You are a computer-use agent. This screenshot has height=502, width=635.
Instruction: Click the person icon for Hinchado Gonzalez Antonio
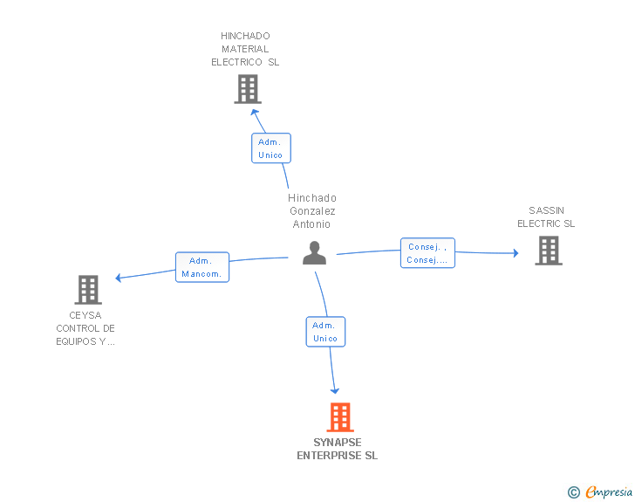point(314,253)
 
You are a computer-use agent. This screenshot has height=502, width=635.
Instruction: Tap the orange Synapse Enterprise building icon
point(339,417)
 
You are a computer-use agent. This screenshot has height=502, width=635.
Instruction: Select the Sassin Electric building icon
point(548,251)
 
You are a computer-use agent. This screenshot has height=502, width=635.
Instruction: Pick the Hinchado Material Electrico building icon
point(248,89)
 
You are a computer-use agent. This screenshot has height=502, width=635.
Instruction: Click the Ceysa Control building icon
point(88,290)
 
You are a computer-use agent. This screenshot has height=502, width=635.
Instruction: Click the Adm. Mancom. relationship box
point(202,267)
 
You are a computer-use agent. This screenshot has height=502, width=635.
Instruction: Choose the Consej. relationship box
point(427,253)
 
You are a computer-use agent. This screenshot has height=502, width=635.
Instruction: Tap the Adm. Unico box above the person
point(270,148)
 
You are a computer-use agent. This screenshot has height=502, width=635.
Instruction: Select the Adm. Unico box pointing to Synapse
point(325,332)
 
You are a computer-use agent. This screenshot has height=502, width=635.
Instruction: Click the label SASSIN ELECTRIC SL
point(546,217)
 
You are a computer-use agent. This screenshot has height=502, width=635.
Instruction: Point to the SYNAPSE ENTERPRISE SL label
point(337,449)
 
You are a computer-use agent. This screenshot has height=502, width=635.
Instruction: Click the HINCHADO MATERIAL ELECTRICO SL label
point(245,49)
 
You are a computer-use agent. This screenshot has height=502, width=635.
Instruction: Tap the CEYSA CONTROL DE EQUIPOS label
point(85,328)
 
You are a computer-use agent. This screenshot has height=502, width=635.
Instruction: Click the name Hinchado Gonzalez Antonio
point(312,211)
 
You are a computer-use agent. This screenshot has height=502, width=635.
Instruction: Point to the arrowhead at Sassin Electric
point(516,253)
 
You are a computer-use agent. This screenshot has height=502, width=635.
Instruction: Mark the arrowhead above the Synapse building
point(335,390)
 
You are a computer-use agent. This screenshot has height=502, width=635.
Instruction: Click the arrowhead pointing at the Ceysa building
point(119,279)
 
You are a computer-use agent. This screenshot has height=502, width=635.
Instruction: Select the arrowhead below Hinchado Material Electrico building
point(254,111)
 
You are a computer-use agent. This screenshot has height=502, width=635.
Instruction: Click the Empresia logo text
point(609,492)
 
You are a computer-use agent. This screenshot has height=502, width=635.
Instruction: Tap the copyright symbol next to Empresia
point(574,492)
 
